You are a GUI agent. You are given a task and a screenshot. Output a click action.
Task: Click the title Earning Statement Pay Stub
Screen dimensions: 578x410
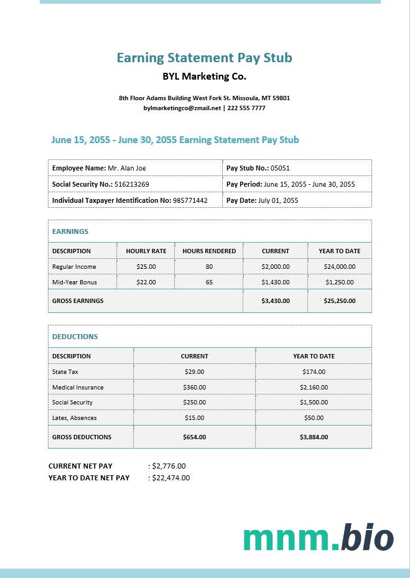coord(204,58)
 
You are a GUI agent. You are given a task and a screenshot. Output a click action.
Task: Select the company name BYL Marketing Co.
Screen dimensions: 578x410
coord(204,77)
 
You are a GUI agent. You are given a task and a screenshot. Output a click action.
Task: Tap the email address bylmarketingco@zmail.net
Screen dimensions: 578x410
coord(182,108)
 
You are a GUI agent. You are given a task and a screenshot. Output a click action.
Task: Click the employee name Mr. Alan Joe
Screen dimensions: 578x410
coord(127,168)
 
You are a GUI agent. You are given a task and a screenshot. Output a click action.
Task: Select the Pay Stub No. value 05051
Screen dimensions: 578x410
coord(280,168)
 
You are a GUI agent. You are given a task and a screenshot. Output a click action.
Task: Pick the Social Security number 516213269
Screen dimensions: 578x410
coord(132,184)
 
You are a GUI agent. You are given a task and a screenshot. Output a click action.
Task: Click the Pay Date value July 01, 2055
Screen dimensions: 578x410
coord(278,200)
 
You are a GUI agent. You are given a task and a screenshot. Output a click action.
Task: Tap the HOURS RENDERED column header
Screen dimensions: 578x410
coord(209,251)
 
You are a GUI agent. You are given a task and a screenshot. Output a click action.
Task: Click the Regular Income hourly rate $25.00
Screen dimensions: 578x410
coord(146,266)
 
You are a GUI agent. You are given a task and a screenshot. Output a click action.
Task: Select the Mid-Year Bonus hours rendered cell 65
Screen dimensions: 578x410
coord(209,282)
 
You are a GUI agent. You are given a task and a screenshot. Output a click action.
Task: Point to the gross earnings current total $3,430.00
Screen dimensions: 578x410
coord(276,301)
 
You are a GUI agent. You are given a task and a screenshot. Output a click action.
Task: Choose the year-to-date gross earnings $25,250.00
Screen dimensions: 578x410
coord(340,301)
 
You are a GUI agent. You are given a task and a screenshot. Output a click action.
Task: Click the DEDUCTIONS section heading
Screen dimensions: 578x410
coord(75,337)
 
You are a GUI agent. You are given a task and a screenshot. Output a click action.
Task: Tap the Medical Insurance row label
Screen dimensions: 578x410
coord(78,387)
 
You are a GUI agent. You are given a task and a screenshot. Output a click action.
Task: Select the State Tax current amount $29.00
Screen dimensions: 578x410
coord(195,371)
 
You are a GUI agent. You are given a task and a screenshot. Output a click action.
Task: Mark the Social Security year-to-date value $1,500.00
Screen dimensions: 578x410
coord(314,403)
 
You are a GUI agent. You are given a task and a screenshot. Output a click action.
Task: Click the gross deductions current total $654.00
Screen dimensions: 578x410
coord(195,437)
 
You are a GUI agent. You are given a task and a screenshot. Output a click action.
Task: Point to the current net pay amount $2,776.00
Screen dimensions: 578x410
coord(169,466)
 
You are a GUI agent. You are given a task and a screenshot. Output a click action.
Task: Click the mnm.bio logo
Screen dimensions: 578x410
coord(318,538)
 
